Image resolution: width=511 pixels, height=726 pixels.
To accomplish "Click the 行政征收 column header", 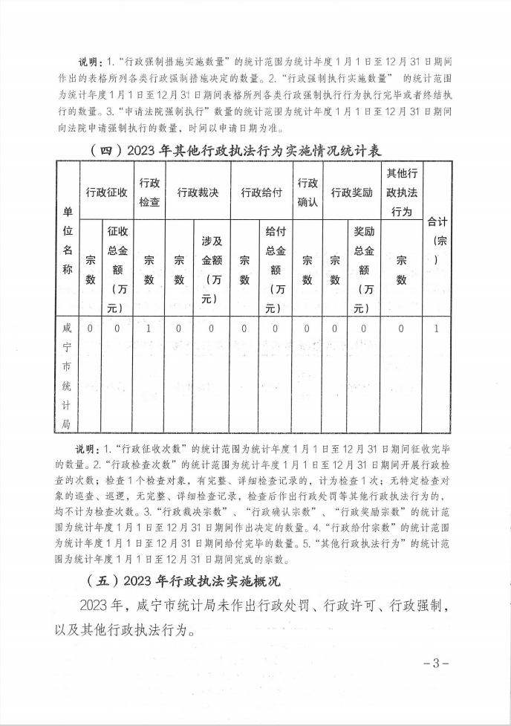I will click(x=106, y=192).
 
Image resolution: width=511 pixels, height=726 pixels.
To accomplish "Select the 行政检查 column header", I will click(x=149, y=192).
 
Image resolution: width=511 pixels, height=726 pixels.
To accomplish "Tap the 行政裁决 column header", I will click(x=198, y=192).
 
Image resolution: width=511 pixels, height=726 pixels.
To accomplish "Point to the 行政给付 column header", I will click(x=261, y=192).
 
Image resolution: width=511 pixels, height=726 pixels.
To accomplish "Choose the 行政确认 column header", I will click(x=307, y=192).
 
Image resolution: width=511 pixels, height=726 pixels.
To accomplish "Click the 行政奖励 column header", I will click(x=351, y=192).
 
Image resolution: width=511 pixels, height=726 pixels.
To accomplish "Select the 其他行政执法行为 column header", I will click(x=401, y=192).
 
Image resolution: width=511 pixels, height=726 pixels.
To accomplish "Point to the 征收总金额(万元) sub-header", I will click(x=117, y=269).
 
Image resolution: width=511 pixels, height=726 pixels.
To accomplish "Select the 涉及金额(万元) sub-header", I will click(x=211, y=269).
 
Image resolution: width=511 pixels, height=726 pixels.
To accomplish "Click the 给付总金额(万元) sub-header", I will click(x=275, y=269).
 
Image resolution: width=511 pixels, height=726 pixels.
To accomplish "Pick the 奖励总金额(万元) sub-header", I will click(x=364, y=269).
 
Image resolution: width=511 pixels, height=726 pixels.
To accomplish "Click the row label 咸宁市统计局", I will click(x=68, y=376).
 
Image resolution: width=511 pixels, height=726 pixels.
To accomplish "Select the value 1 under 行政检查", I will click(x=149, y=328).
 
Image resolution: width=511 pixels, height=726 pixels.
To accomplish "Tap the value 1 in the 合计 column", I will click(x=437, y=328).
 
